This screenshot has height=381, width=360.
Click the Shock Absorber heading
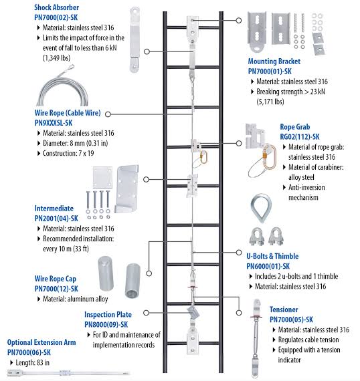[x=56, y=7]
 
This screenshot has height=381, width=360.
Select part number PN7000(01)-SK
[x=270, y=72]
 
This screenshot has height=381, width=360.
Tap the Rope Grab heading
[x=295, y=126]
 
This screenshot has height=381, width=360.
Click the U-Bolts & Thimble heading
[x=272, y=256]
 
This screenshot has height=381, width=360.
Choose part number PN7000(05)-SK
[x=291, y=320]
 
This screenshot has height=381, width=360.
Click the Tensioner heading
[x=284, y=309]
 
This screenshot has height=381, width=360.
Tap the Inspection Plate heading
[x=108, y=314]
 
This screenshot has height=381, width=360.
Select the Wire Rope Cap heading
[x=56, y=279]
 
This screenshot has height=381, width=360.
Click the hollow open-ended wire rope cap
[x=132, y=281]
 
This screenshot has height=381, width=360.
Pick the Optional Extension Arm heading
[x=41, y=342]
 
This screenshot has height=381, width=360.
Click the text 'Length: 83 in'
[x=32, y=362]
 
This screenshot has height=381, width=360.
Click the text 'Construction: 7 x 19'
[x=68, y=153]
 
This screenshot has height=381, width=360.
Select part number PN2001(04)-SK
[x=56, y=218]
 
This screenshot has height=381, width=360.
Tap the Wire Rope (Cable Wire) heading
[x=68, y=113]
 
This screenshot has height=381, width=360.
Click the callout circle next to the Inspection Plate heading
[x=146, y=313]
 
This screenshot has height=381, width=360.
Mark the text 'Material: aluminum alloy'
[x=76, y=299]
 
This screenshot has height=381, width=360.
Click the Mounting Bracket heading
[x=274, y=61]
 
